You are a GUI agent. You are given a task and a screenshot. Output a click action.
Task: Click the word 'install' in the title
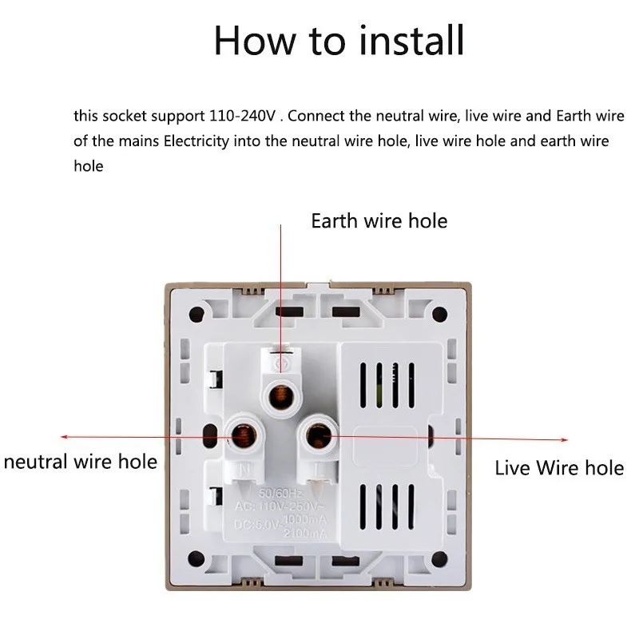click(x=412, y=40)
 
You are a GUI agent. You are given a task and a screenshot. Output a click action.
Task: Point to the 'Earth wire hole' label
click(x=379, y=220)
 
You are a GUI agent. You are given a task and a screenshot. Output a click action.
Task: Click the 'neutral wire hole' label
click(x=81, y=462)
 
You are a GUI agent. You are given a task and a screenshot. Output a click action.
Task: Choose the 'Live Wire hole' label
click(x=559, y=467)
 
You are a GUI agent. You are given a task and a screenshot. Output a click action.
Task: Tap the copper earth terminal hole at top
click(x=280, y=394)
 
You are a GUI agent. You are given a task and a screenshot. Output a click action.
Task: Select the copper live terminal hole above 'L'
click(x=319, y=436)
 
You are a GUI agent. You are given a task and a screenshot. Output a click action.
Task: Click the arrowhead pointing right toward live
click(x=566, y=439)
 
